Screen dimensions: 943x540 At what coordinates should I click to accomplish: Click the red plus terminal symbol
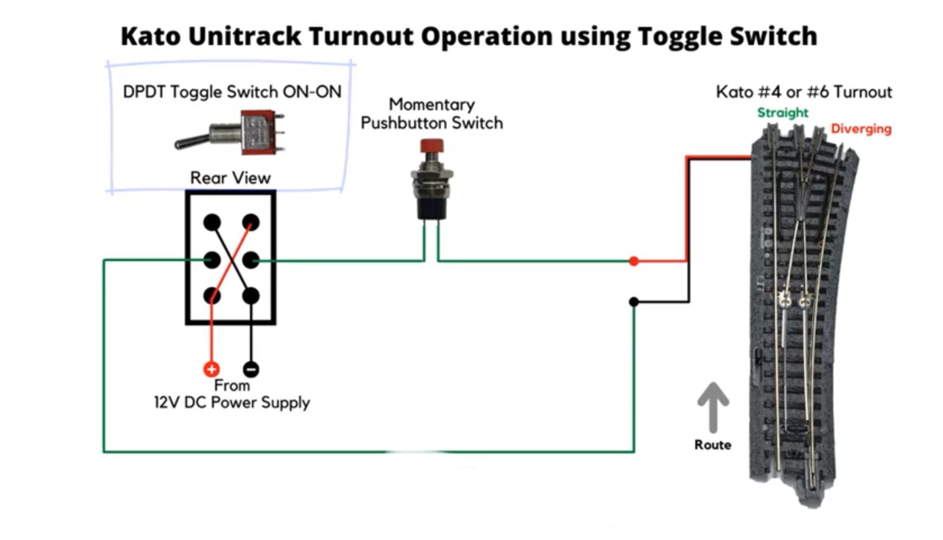click(211, 369)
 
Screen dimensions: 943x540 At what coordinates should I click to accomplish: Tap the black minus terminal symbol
click(251, 369)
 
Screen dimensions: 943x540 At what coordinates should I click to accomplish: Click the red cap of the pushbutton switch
click(431, 146)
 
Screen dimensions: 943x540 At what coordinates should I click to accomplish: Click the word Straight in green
click(783, 113)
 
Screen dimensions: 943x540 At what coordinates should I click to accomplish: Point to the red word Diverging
click(861, 129)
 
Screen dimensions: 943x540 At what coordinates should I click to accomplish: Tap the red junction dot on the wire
click(634, 261)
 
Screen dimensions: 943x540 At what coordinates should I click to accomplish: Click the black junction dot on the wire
click(634, 302)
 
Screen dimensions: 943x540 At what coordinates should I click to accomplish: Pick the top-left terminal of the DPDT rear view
click(212, 222)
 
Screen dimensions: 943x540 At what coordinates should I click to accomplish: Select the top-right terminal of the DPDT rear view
click(251, 222)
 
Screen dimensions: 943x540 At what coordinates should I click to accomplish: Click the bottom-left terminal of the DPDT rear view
click(212, 296)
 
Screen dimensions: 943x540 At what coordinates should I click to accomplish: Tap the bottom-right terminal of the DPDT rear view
click(251, 296)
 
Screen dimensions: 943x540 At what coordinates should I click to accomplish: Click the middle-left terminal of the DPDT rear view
click(212, 260)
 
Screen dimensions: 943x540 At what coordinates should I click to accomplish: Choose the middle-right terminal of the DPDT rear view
click(251, 260)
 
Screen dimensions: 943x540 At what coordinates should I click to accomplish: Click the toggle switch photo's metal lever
click(192, 141)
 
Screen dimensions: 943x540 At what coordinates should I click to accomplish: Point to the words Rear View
click(230, 178)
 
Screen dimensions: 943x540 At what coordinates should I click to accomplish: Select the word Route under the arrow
click(712, 445)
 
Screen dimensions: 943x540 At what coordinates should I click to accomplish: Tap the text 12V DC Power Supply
click(232, 403)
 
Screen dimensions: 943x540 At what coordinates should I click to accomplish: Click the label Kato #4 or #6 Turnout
click(804, 92)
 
